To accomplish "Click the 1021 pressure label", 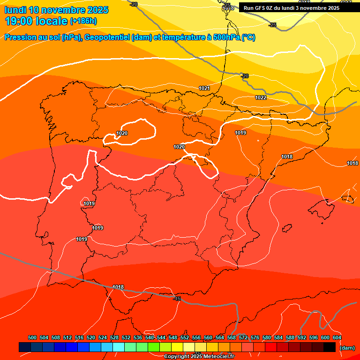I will coord(204,88).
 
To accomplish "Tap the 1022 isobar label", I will coord(261,97).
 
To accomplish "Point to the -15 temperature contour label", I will coord(177,299).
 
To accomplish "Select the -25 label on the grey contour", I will coord(272,25).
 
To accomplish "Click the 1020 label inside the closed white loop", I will coord(122,133).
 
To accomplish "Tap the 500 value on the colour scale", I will coord(32,337).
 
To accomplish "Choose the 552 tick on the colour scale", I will coord(185,337).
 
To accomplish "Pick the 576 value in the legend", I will coord(255,337).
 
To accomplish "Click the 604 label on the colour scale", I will coord(337,337).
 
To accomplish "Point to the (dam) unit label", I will coord(347,347).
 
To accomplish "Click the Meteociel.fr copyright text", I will coord(199,357).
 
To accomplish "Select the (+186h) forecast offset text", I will coord(83,21).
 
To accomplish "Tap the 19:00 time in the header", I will coord(19,21).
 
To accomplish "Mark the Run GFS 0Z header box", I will coord(292,8).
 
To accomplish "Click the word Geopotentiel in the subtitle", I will coord(109,37).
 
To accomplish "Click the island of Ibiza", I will coord(286,228).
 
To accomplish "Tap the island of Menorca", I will coord(348,198).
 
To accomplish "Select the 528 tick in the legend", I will coord(114,337).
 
